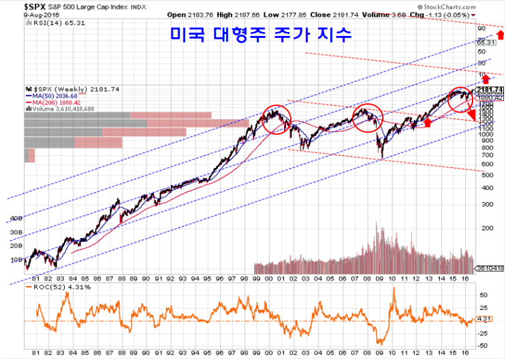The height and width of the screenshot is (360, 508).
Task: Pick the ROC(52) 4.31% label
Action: click(x=51, y=287)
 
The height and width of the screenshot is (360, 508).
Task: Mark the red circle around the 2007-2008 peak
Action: click(x=367, y=118)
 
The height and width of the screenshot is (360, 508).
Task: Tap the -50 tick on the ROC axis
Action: click(x=483, y=345)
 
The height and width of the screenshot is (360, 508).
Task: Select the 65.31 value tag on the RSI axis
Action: click(x=486, y=42)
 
